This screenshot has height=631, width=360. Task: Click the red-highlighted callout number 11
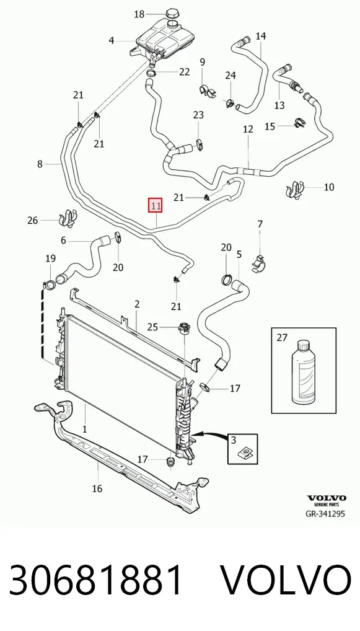click(156, 206)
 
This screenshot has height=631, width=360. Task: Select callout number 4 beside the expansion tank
click(112, 40)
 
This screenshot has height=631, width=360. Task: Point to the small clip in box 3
click(244, 454)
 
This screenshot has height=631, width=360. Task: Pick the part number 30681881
click(95, 580)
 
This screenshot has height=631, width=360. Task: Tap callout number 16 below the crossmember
click(97, 488)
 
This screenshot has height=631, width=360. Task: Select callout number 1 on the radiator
click(84, 429)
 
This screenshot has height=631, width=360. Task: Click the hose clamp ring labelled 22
click(152, 73)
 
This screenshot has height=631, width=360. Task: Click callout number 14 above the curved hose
click(261, 36)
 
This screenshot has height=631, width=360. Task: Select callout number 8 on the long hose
click(40, 164)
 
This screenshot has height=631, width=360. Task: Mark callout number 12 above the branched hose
click(248, 129)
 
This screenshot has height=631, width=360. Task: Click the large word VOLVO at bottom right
click(286, 580)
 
